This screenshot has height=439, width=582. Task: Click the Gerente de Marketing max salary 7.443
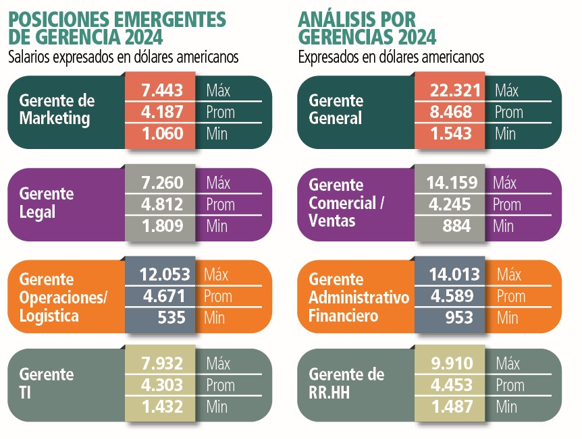(x=162, y=90)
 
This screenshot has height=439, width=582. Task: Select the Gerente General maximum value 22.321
(x=455, y=90)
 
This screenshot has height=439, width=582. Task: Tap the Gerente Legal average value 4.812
(x=162, y=204)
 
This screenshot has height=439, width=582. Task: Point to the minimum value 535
(x=171, y=318)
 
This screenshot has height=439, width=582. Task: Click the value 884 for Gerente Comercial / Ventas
(x=456, y=226)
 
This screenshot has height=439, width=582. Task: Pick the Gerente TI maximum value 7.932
(x=162, y=363)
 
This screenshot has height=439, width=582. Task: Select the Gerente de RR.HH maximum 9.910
(x=452, y=363)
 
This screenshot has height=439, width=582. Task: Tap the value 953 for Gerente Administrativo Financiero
(x=459, y=318)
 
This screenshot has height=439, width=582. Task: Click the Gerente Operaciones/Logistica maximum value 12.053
(x=165, y=274)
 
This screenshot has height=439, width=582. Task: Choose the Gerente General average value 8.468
(x=451, y=111)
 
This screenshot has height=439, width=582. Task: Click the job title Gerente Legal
(x=47, y=203)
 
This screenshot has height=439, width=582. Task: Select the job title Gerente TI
(x=47, y=383)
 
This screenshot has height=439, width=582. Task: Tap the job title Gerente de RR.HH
(x=346, y=383)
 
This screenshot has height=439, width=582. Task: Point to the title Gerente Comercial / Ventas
(x=346, y=203)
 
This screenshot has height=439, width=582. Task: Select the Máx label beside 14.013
(x=509, y=274)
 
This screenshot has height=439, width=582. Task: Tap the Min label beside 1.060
(x=217, y=134)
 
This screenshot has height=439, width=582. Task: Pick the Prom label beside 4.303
(x=221, y=385)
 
